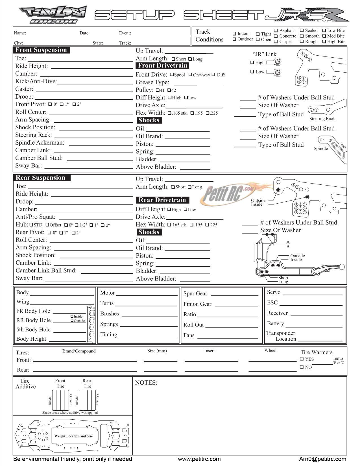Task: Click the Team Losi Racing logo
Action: point(53,15)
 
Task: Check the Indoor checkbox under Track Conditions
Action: point(234,34)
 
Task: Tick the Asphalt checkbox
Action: point(276,31)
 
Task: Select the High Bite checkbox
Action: point(324,42)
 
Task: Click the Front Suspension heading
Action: point(41,50)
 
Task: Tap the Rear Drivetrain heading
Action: point(162,200)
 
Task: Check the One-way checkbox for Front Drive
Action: point(190,75)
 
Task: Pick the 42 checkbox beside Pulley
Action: point(169,90)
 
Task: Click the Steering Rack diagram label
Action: point(322,119)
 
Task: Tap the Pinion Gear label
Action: point(197,304)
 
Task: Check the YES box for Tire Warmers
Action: point(302,359)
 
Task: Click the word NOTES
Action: point(146,383)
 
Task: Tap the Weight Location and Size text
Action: point(74,436)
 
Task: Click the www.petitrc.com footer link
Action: point(199,459)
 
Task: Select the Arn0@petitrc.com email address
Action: point(323,459)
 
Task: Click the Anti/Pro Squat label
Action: point(36,217)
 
